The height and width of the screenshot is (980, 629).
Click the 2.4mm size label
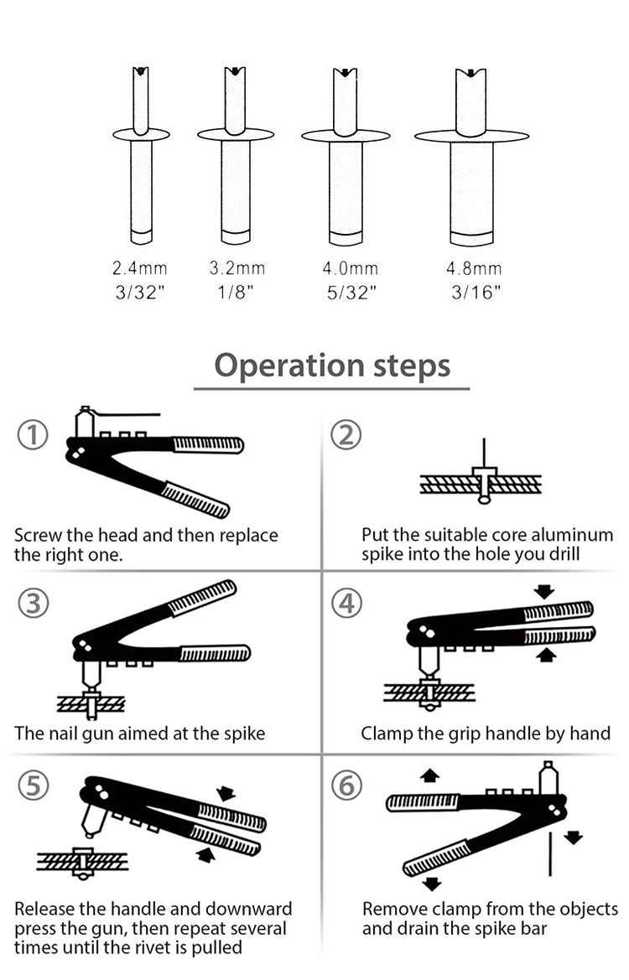pyautogui.click(x=140, y=269)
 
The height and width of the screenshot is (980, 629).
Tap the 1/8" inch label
pyautogui.click(x=237, y=292)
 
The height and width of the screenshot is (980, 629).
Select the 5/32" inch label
pyautogui.click(x=350, y=292)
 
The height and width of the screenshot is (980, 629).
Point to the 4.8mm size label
pyautogui.click(x=474, y=269)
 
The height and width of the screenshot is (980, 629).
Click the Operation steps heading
pyautogui.click(x=332, y=366)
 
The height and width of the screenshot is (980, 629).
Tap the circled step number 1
pyautogui.click(x=33, y=435)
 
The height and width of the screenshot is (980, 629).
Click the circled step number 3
pyautogui.click(x=33, y=604)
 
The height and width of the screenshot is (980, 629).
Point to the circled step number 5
pyautogui.click(x=33, y=786)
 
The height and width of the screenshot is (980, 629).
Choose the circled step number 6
pyautogui.click(x=346, y=786)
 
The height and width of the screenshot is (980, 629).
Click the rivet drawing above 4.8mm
pyautogui.click(x=471, y=155)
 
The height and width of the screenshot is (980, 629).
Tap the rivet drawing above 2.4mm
pyautogui.click(x=141, y=155)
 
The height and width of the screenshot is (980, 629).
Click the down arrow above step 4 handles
pyautogui.click(x=544, y=592)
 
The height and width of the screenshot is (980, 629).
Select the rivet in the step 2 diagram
pyautogui.click(x=484, y=485)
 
